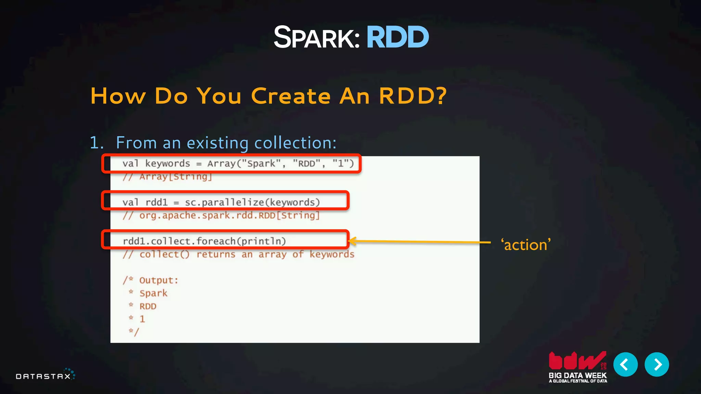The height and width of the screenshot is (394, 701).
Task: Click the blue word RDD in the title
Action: tap(397, 37)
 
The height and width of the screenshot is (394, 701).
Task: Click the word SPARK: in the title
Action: tap(317, 38)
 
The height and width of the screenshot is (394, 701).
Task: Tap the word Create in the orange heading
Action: tap(291, 96)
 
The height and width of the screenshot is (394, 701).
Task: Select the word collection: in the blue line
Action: tap(296, 143)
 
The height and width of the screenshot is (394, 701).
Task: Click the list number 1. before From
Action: tap(97, 143)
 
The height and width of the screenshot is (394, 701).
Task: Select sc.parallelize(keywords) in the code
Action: tap(252, 202)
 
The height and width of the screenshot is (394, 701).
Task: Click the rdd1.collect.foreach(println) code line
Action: tap(204, 241)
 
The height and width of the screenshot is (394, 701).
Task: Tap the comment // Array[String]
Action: tap(167, 177)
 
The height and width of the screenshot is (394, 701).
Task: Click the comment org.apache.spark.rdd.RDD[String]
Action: tap(229, 215)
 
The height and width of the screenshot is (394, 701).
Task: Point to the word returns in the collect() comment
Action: tap(216, 254)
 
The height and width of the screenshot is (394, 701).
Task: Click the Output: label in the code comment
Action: tap(158, 280)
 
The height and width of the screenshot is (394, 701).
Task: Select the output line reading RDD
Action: tap(148, 306)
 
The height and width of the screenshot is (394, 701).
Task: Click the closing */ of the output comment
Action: tap(134, 331)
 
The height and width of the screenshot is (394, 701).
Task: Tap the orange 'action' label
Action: tap(526, 245)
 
